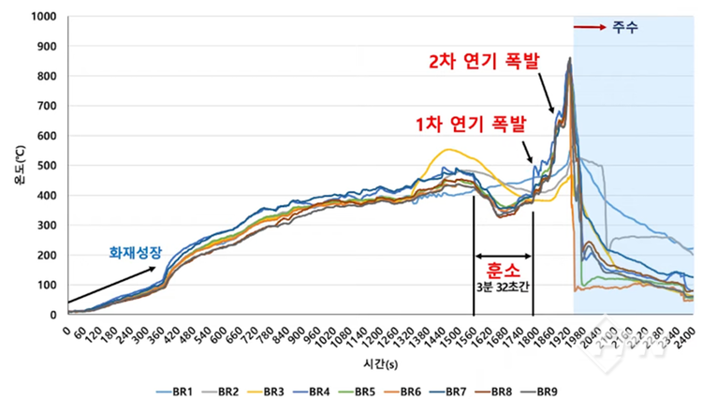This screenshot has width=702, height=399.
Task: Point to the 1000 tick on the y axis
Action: tap(43, 17)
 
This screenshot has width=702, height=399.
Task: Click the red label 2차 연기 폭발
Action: tap(478, 63)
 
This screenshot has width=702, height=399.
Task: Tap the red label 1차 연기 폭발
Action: tap(472, 124)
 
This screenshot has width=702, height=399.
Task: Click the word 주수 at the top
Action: tap(625, 27)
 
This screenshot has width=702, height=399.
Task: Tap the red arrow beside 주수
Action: tap(590, 27)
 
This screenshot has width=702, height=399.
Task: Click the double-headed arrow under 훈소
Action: tap(504, 254)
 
